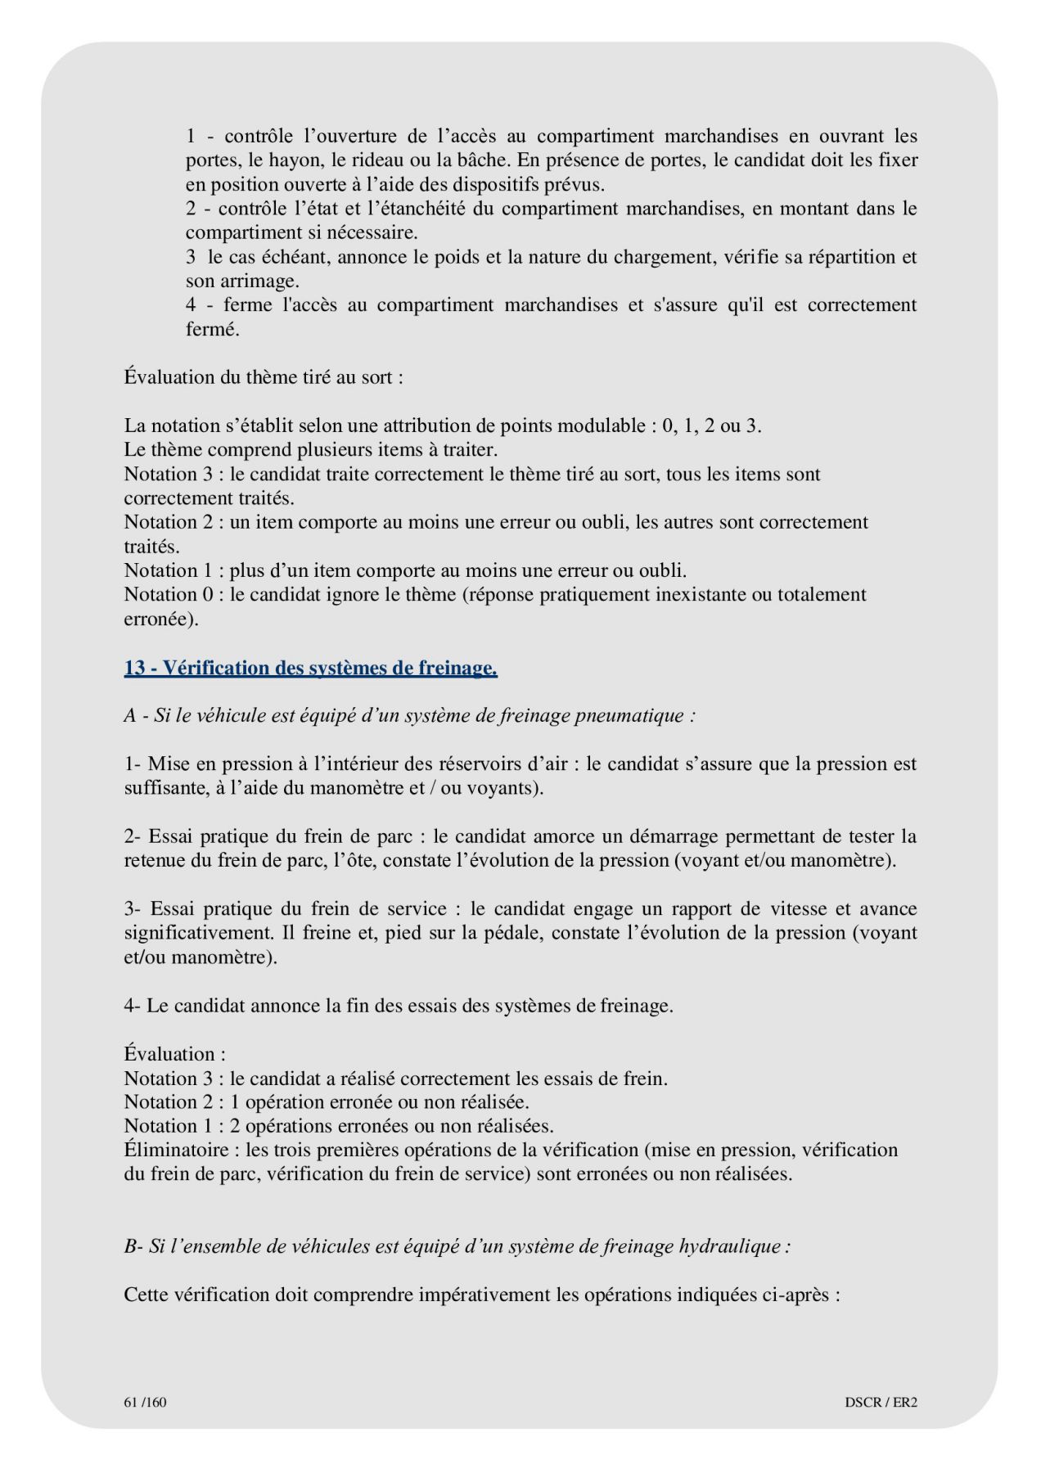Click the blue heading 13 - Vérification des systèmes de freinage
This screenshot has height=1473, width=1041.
coord(311,669)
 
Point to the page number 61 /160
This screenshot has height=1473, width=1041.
coord(146,1402)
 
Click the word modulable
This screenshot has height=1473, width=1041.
coord(607,426)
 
